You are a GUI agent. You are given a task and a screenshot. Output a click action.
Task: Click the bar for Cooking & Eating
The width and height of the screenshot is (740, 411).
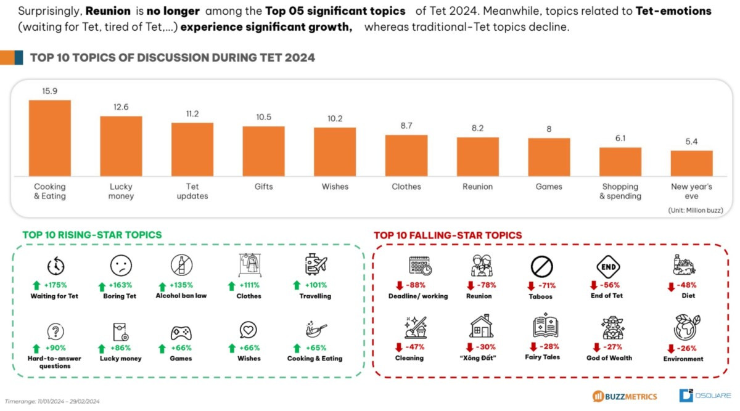(x=50, y=138)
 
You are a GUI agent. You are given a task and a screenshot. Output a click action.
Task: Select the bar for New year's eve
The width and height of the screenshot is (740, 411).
(x=691, y=163)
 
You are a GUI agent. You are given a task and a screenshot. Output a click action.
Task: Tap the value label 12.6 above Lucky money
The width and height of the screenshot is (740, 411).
(x=121, y=107)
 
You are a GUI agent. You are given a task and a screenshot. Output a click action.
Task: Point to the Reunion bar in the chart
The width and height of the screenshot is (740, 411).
(x=477, y=157)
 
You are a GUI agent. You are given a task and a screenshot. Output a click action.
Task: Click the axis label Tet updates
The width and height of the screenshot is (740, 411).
(x=192, y=191)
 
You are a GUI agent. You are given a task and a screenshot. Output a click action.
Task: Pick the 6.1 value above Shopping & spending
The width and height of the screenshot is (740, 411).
(x=620, y=139)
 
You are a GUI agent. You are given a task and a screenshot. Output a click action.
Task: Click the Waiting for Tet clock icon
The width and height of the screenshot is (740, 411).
(x=55, y=266)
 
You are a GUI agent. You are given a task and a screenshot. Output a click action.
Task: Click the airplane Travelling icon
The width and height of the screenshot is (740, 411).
(x=316, y=265)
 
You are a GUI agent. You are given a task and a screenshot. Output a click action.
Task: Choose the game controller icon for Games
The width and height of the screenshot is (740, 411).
(x=181, y=333)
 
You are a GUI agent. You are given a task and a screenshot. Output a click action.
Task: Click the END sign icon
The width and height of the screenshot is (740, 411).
(x=608, y=266)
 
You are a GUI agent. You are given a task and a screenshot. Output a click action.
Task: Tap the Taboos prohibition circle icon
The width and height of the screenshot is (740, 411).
(x=541, y=267)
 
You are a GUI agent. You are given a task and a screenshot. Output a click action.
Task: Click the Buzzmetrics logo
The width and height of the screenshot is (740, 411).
(x=624, y=396)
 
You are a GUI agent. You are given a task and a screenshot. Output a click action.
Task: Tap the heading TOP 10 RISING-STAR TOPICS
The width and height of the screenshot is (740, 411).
(x=92, y=235)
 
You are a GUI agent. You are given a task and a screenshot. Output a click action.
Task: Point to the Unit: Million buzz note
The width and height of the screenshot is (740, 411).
(x=695, y=210)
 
